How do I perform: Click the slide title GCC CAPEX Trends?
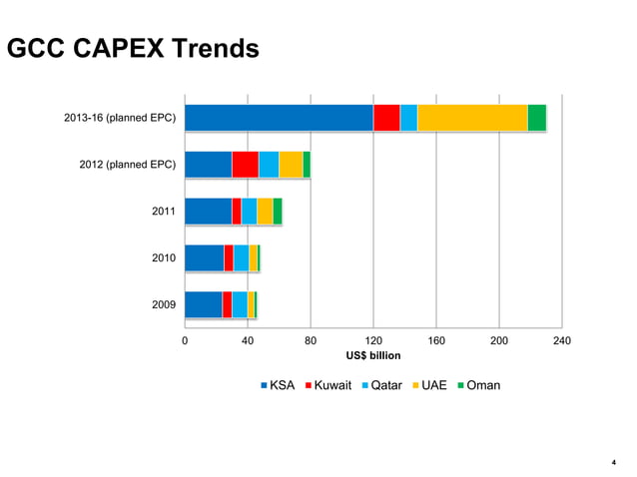(x=133, y=48)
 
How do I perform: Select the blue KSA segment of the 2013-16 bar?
(x=279, y=118)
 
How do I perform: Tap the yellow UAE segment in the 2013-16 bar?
(x=471, y=118)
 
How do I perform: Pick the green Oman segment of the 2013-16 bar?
(x=536, y=118)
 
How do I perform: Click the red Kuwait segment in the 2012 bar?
(x=245, y=165)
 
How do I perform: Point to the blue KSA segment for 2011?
(x=208, y=212)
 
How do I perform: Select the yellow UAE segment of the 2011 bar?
(x=265, y=212)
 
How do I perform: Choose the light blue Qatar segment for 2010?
(x=241, y=257)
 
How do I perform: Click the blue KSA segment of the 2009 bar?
(x=203, y=304)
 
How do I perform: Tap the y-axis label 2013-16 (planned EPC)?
(x=120, y=119)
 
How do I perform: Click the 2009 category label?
(x=164, y=304)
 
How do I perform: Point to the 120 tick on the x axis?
(x=372, y=342)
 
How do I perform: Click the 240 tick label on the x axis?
(x=561, y=342)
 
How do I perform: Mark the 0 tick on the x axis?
(x=185, y=342)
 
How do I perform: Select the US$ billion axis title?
(x=372, y=356)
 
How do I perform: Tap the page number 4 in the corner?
(x=613, y=462)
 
